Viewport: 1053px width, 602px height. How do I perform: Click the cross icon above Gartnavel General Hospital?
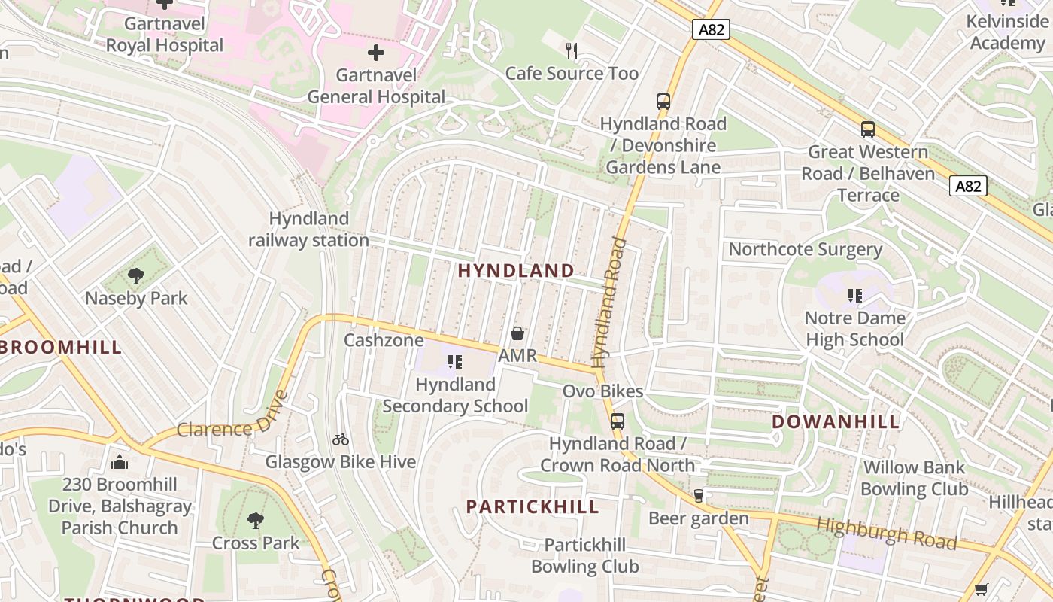coord(375,53)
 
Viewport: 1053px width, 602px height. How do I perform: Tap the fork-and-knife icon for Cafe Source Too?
coord(572,51)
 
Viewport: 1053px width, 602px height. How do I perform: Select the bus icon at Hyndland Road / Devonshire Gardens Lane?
coord(663,102)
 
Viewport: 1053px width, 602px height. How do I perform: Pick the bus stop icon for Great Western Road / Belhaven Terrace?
coord(868,129)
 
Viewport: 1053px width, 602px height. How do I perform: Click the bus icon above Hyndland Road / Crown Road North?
coord(617,421)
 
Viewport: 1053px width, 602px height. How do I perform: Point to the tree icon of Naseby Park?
coord(136,276)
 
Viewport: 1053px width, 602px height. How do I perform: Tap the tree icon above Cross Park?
coord(256,520)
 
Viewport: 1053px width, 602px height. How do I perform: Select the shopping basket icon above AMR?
coord(517,333)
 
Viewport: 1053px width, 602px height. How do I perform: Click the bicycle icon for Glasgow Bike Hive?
coord(341,439)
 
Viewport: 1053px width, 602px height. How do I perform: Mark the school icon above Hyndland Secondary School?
coord(455,363)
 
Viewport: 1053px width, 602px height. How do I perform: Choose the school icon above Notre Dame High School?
coord(854,296)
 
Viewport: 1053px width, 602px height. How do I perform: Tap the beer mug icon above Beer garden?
coord(699,496)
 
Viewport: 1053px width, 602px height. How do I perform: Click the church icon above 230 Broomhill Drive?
coord(120,462)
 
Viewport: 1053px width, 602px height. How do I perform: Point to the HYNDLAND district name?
coord(516,271)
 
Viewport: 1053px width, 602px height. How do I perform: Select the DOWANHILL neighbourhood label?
coord(836,421)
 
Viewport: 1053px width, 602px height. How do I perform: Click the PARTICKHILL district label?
coord(533,506)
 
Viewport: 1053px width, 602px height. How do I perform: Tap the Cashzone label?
coord(384,340)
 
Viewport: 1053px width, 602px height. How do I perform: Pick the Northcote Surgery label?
coord(805,249)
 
